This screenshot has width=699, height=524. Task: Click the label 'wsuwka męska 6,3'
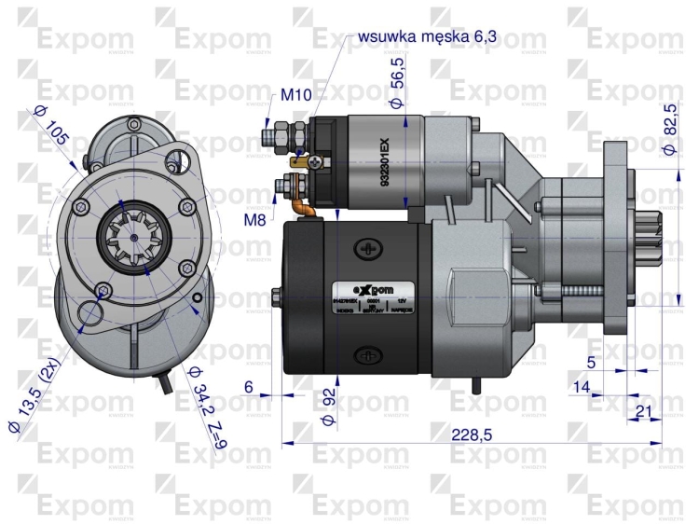click(428, 36)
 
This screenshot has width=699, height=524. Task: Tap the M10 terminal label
click(295, 95)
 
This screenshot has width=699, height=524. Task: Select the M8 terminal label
click(256, 220)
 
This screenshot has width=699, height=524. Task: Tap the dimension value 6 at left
click(248, 386)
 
